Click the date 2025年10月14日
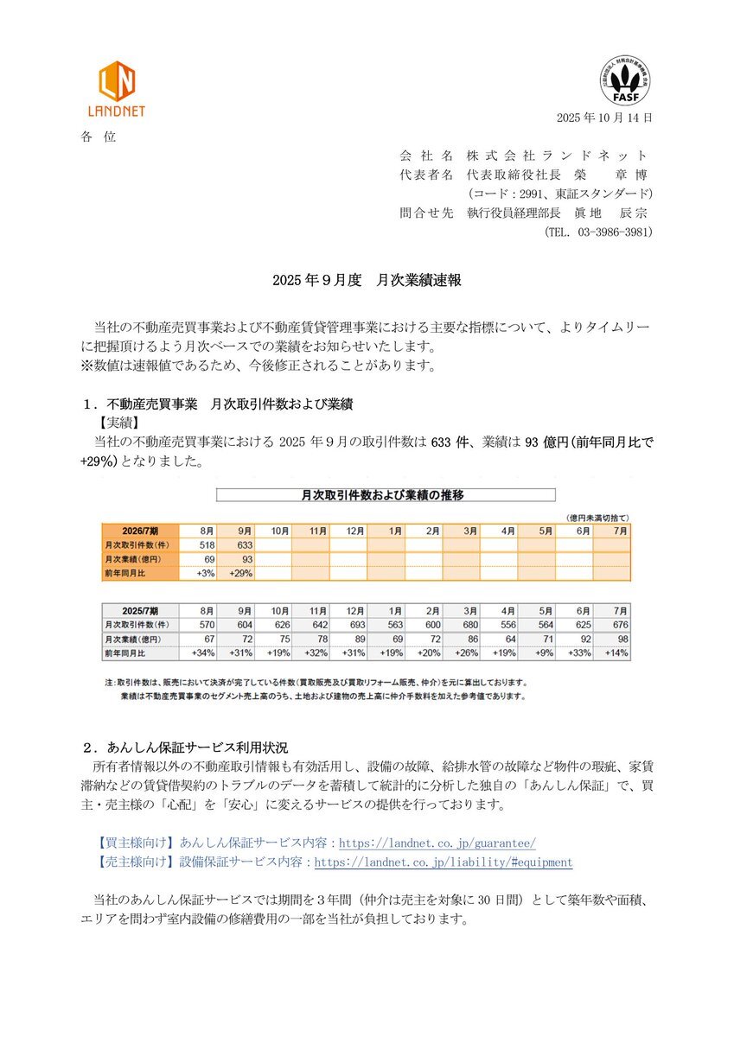tap(604, 118)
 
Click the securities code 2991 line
tap(559, 194)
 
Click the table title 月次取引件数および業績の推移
tap(384, 496)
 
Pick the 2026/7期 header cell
tap(140, 531)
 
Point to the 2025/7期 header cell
tap(140, 609)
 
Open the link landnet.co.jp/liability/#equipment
tap(443, 862)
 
